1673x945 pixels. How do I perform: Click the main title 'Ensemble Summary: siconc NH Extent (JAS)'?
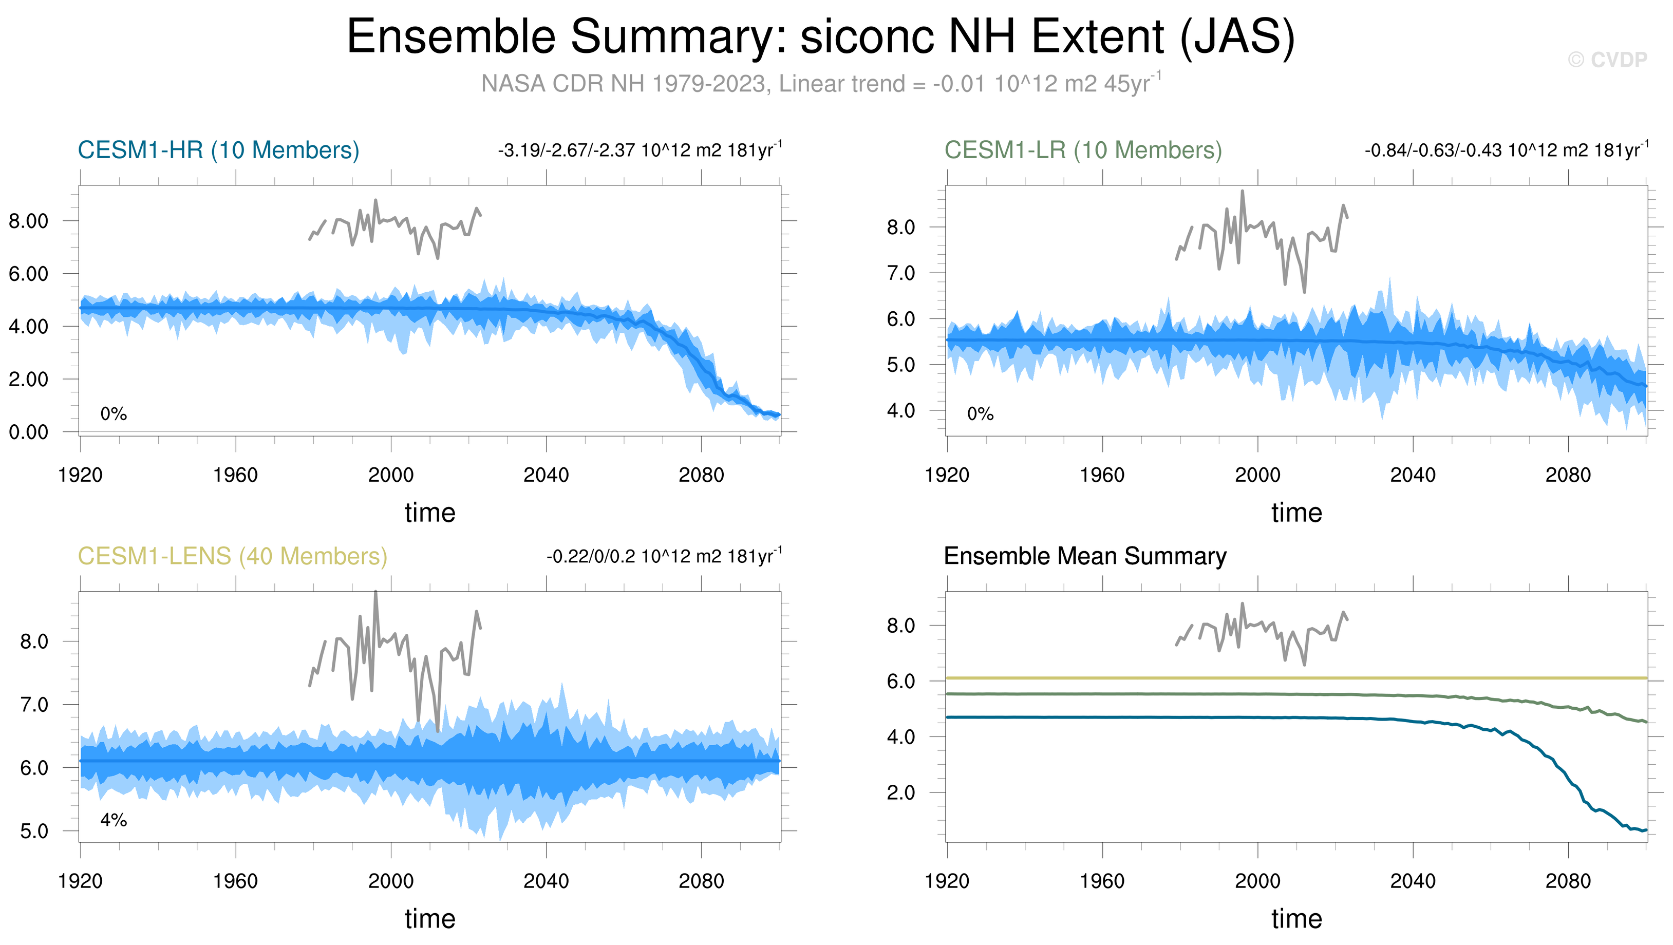point(820,36)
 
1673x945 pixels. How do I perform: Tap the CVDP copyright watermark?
point(1607,60)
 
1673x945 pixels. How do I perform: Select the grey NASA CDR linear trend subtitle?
point(820,84)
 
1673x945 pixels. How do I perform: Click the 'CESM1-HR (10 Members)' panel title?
point(218,150)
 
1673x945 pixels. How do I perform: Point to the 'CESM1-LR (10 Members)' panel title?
point(1083,150)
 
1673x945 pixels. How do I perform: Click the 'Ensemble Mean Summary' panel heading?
point(1084,556)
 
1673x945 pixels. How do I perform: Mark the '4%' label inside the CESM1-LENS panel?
point(114,820)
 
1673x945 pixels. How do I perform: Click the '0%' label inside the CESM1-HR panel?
point(114,414)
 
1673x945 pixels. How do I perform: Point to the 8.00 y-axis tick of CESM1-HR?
point(29,221)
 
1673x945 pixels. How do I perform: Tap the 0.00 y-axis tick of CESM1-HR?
point(29,432)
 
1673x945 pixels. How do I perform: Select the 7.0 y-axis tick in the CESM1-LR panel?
point(901,273)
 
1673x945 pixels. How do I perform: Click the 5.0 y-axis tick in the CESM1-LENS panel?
point(34,830)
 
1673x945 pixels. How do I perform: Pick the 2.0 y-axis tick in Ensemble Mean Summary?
point(901,792)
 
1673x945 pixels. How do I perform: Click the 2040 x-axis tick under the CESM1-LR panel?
point(1413,475)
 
